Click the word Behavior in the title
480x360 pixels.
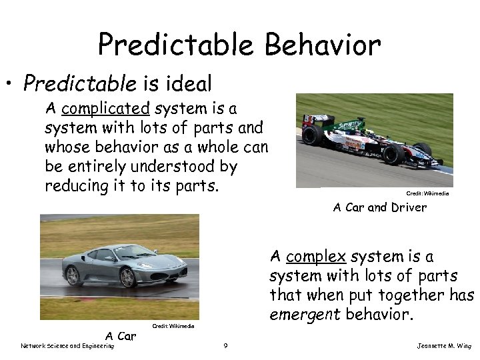(x=323, y=45)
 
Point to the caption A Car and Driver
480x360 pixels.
(x=379, y=207)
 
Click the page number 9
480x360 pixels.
(x=227, y=345)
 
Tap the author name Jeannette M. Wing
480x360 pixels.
(x=443, y=345)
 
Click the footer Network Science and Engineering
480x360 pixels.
(x=67, y=345)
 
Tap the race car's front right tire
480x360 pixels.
(x=393, y=154)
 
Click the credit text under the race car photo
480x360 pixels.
(x=427, y=193)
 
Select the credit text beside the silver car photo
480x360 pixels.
(x=173, y=326)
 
